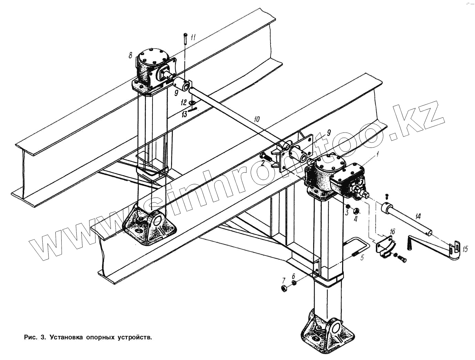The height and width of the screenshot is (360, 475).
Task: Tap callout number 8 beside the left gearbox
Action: [130, 55]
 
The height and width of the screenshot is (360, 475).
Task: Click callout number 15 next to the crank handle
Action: [465, 249]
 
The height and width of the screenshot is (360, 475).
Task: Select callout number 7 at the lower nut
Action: [284, 279]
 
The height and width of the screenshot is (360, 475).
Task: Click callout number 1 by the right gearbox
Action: [378, 154]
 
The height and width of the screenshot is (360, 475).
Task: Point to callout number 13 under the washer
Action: [184, 114]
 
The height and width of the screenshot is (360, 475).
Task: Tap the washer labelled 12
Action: [192, 103]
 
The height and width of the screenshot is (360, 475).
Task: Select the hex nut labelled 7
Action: [284, 288]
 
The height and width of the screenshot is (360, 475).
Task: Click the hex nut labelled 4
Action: [356, 211]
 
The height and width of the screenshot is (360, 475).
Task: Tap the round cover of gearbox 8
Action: [153, 57]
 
